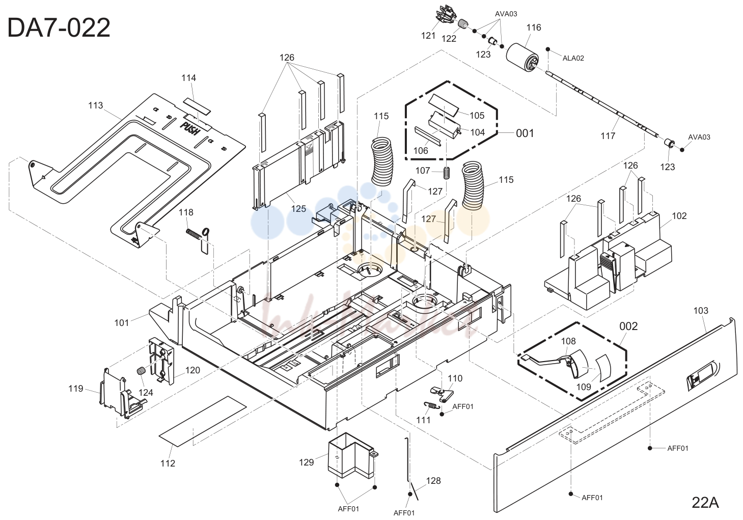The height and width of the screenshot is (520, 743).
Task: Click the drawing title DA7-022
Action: (x=59, y=28)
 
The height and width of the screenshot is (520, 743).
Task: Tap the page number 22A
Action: (x=705, y=503)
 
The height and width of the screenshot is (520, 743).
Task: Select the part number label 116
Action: (x=534, y=28)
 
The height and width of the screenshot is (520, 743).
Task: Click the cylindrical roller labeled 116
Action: (x=522, y=58)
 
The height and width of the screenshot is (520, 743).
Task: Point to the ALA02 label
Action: (x=573, y=58)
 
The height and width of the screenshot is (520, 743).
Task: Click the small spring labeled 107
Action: (x=447, y=173)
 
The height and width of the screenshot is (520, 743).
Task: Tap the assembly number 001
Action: (x=525, y=133)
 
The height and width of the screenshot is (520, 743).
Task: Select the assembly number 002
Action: (x=628, y=326)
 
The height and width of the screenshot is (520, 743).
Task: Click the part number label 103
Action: (x=701, y=311)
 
